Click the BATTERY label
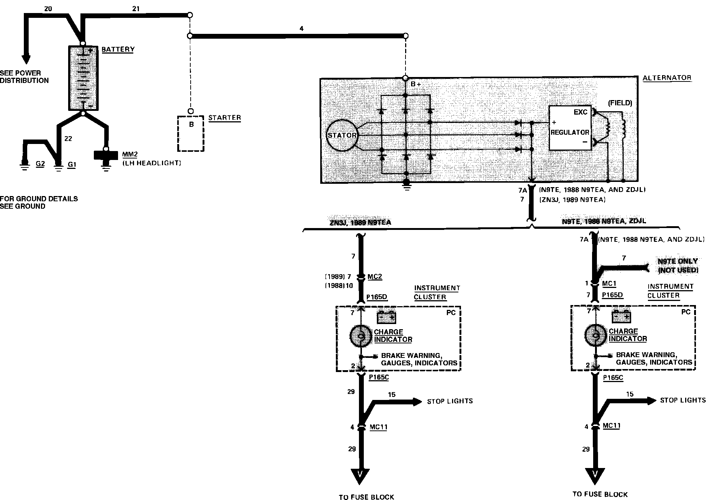pos(118,49)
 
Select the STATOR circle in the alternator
pos(342,135)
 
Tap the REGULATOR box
pos(570,128)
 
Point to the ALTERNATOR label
pos(667,78)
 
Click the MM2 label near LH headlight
pos(128,154)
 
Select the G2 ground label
pos(40,163)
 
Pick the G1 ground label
pos(71,164)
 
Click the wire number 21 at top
pos(136,8)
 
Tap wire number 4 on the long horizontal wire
pos(301,28)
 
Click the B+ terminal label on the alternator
pos(416,84)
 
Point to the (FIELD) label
pos(620,103)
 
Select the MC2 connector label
pos(375,277)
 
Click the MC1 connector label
pos(609,284)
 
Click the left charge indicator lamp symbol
pos(360,336)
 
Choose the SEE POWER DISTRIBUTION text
pos(24,77)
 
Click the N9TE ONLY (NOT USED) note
pos(678,266)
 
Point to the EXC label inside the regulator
pos(581,112)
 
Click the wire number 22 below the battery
pos(68,139)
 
